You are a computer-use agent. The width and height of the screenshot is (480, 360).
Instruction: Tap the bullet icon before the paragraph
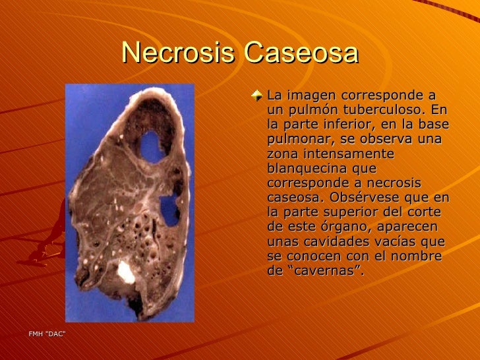click(x=258, y=97)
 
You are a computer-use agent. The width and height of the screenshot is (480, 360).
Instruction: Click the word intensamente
click(x=355, y=154)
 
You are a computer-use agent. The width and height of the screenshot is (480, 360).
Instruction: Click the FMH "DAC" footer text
click(x=47, y=334)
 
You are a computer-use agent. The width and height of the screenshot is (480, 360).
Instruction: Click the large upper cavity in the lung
click(x=153, y=146)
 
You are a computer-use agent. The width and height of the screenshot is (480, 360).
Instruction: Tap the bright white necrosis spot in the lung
click(x=125, y=272)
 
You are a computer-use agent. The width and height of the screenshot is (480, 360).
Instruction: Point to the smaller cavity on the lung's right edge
click(x=169, y=210)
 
